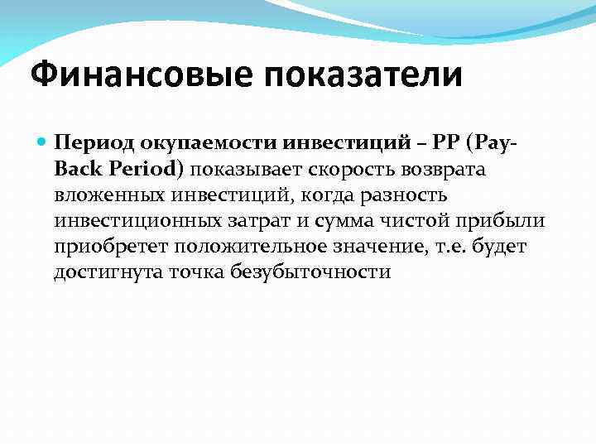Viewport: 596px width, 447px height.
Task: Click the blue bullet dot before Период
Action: pyautogui.click(x=42, y=142)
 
